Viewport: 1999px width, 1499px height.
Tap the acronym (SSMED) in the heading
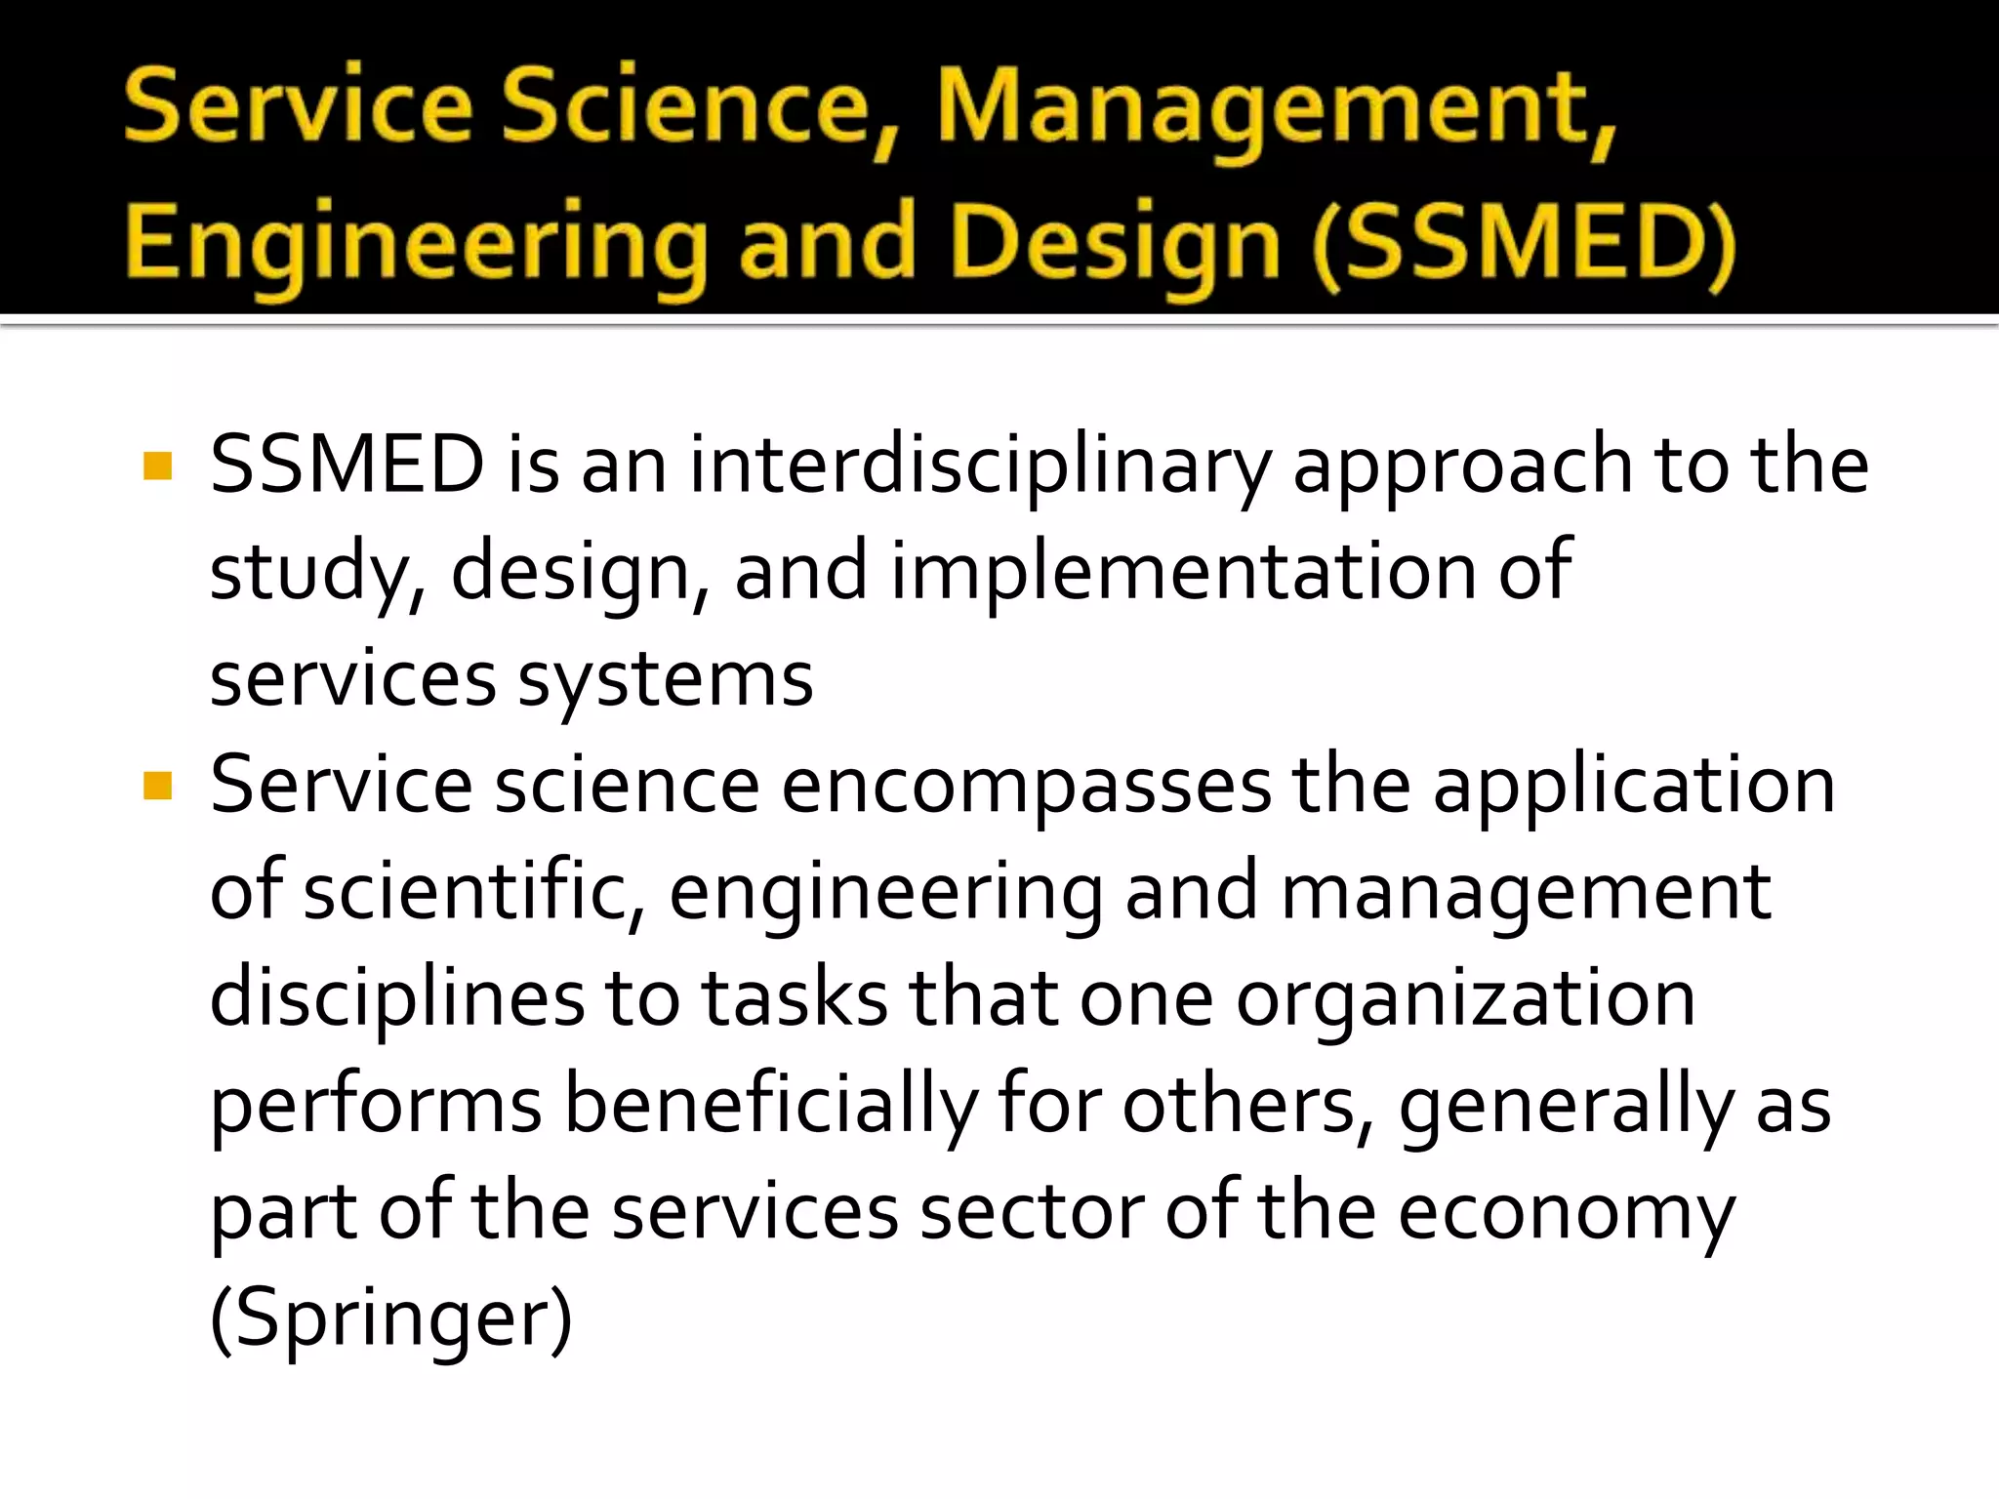(1524, 243)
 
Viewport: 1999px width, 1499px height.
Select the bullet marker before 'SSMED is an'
(157, 466)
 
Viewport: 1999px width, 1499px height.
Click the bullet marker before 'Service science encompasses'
(157, 786)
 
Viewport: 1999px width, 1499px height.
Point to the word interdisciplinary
(980, 466)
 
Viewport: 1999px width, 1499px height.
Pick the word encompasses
(1026, 786)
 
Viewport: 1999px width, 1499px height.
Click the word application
(1634, 786)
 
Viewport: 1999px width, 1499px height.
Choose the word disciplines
(396, 999)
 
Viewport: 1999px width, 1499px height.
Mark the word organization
(1465, 999)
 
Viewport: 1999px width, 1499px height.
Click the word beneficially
(771, 1106)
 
